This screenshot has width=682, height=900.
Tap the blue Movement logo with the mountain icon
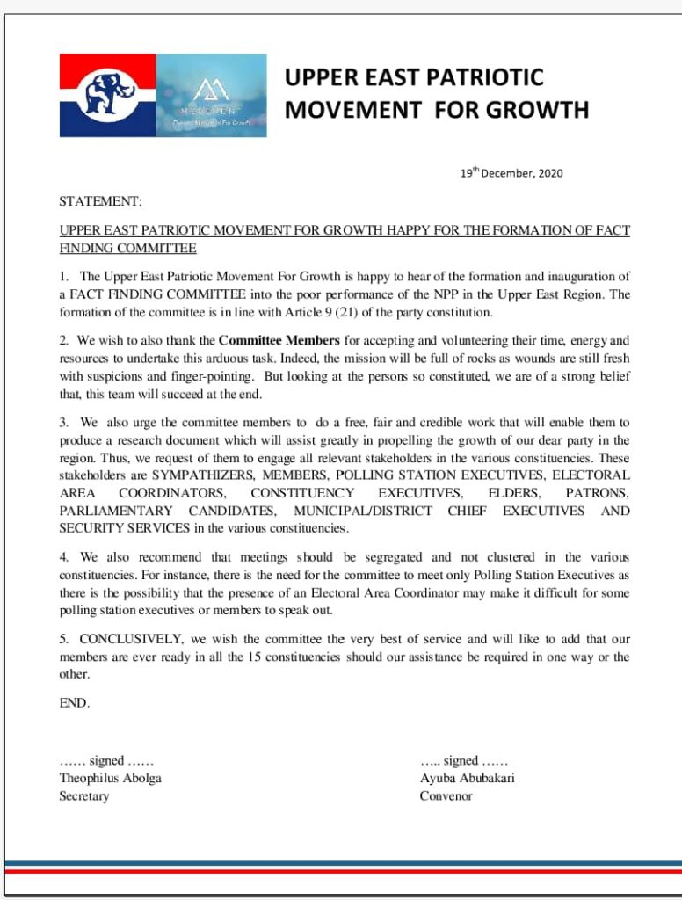pos(211,95)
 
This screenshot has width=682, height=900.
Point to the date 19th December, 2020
pos(511,173)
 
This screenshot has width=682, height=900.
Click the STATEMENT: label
pos(100,201)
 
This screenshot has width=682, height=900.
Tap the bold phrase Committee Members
pos(279,339)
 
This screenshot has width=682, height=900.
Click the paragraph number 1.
pos(64,277)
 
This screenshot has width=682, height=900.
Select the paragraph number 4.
pos(63,557)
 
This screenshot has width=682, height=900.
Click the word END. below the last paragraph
pos(75,703)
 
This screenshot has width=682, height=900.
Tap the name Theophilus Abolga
pos(110,778)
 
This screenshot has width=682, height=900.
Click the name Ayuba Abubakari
pos(467,778)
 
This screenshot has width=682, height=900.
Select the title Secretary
pos(84,796)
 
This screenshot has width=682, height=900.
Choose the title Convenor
pos(446,796)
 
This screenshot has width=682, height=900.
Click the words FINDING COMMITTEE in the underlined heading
pos(127,249)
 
